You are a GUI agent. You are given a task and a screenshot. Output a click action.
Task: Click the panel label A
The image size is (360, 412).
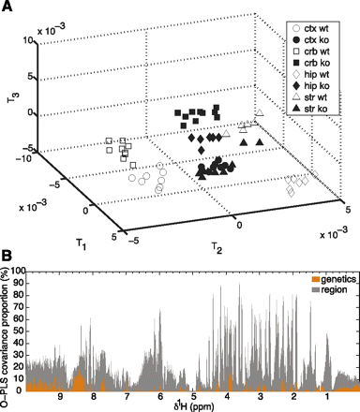click(x=7, y=7)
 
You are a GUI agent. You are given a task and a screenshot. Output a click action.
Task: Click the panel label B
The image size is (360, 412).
click(x=7, y=255)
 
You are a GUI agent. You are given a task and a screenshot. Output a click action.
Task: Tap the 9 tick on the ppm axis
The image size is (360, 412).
click(x=61, y=398)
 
